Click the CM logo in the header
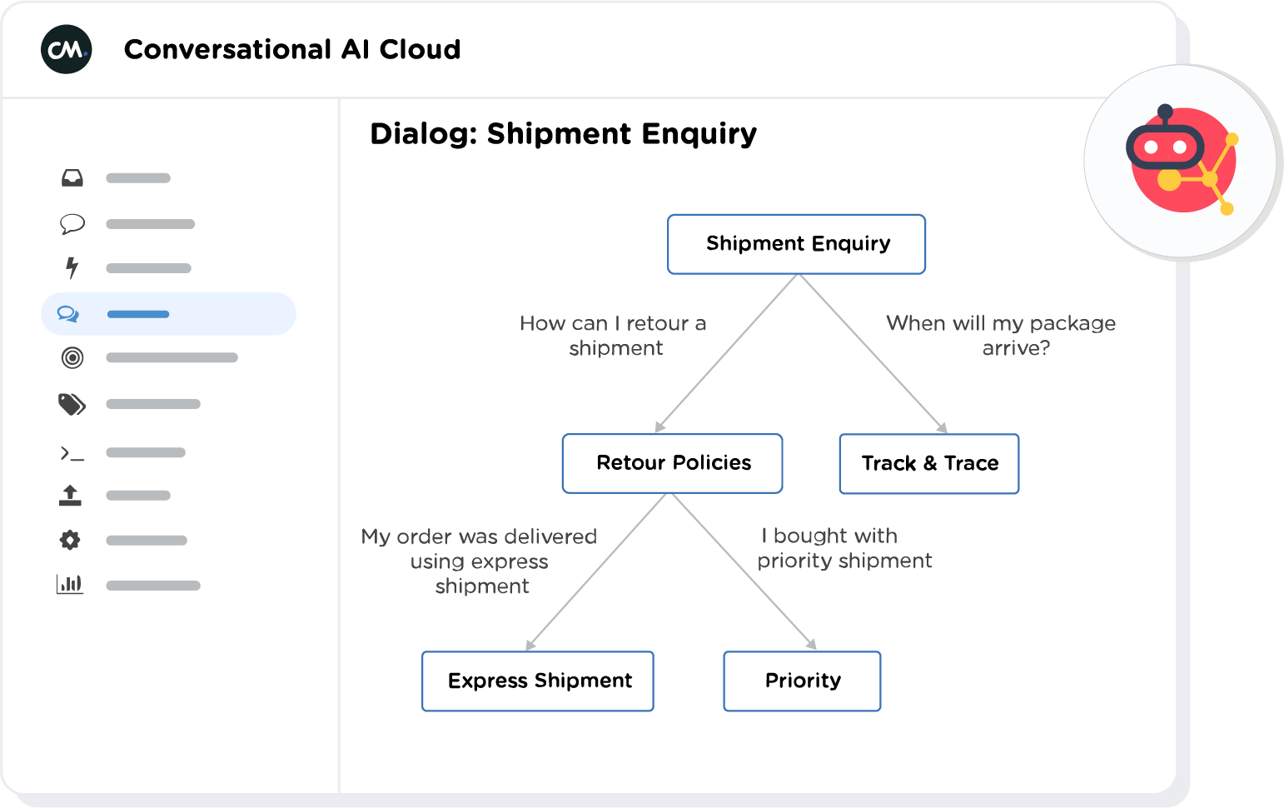(x=67, y=49)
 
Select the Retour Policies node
(x=672, y=463)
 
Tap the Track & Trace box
(x=928, y=463)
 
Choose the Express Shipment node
(x=538, y=681)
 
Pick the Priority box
(x=802, y=681)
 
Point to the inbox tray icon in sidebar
(x=72, y=178)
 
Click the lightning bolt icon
(x=72, y=267)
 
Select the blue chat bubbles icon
(x=68, y=314)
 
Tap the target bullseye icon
(x=72, y=358)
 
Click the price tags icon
(x=72, y=404)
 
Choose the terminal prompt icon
(x=72, y=453)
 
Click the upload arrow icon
(x=71, y=496)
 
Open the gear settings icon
(x=70, y=541)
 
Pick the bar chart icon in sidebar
(x=70, y=584)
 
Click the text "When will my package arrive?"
(x=1001, y=335)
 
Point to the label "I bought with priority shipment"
(x=844, y=547)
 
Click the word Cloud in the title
(x=420, y=49)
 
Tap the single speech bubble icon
(x=72, y=224)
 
